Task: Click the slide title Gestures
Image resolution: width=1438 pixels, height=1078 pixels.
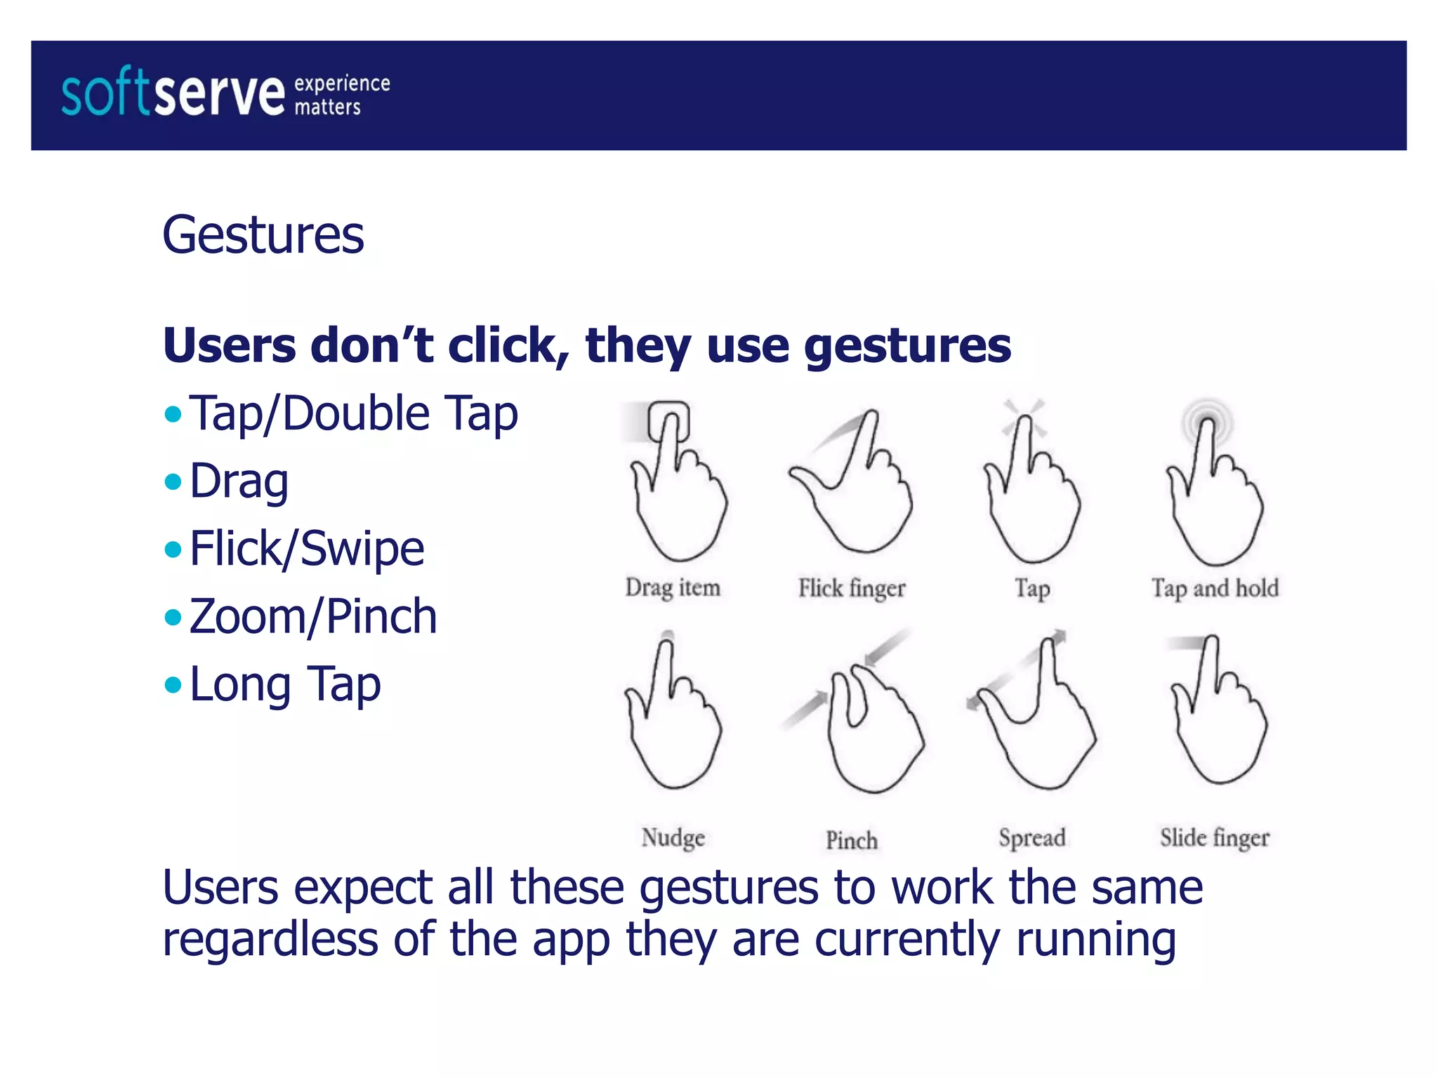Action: tap(263, 234)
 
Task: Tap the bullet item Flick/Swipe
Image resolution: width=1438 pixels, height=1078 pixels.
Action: tap(307, 548)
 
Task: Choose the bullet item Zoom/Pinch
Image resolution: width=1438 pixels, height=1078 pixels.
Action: tap(313, 616)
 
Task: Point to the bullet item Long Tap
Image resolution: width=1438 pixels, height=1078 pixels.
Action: tap(285, 684)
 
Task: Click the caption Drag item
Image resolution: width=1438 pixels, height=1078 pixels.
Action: tap(673, 587)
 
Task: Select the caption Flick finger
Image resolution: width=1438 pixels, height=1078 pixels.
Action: tap(852, 587)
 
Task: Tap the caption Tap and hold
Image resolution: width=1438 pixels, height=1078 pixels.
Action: tap(1215, 587)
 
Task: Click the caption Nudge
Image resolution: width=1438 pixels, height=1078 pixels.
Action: tap(673, 837)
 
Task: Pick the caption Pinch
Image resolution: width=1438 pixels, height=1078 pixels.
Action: tap(852, 840)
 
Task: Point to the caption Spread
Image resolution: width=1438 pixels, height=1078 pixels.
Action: tap(1032, 837)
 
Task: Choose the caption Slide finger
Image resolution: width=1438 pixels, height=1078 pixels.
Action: tap(1215, 837)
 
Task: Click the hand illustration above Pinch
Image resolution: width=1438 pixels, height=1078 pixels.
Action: tap(871, 730)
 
